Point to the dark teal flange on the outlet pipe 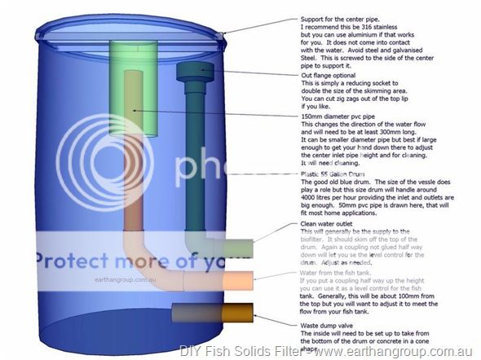tap(193, 72)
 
